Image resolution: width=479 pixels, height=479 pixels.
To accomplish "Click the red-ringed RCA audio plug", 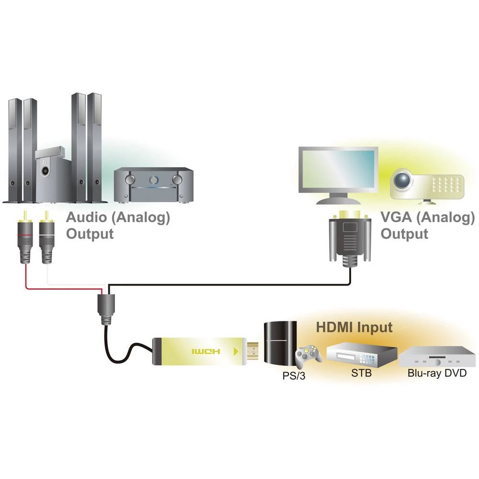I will (25, 239).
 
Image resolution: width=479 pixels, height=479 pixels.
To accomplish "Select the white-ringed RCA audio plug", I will (47, 239).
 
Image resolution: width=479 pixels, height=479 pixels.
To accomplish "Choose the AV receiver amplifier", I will (153, 184).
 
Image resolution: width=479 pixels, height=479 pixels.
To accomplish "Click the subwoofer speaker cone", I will (46, 170).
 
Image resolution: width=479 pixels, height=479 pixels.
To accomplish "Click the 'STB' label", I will (361, 374).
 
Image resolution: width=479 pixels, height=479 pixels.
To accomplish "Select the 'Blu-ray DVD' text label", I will (436, 374).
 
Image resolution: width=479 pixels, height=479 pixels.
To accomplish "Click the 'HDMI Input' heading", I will (354, 328).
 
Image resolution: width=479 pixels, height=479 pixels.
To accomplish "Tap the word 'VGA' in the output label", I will (396, 217).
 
